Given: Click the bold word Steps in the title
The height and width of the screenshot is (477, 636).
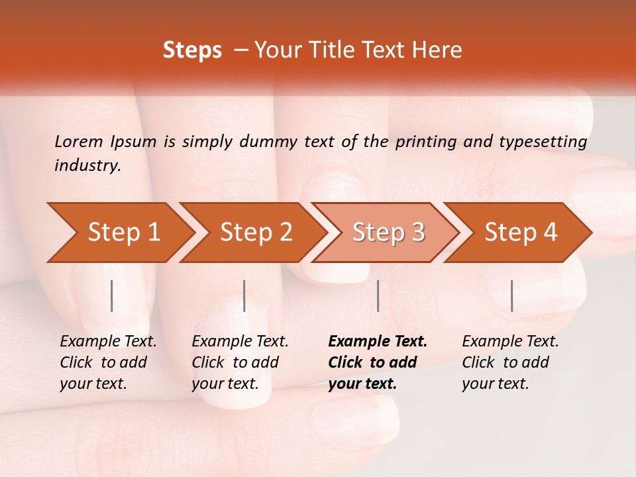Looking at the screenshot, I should (192, 50).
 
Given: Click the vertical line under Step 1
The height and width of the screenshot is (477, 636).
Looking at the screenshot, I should (112, 295).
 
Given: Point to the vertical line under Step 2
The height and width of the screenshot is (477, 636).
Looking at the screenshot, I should (244, 295).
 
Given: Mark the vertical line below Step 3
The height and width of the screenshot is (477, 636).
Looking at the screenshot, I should (378, 295).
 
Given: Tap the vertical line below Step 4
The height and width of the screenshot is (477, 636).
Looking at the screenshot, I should (512, 295).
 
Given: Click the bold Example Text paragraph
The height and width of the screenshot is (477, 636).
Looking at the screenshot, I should (378, 362).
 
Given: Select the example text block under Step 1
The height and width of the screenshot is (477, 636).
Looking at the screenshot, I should (108, 362).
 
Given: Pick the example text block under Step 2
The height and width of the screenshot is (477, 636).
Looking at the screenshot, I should (240, 362).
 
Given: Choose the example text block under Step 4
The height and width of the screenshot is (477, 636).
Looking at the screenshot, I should (510, 362).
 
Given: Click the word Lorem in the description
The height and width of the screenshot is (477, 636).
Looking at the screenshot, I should (79, 141).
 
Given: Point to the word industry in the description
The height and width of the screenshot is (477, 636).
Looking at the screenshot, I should (87, 166).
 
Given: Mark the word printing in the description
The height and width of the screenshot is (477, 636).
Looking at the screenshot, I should (426, 142).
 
